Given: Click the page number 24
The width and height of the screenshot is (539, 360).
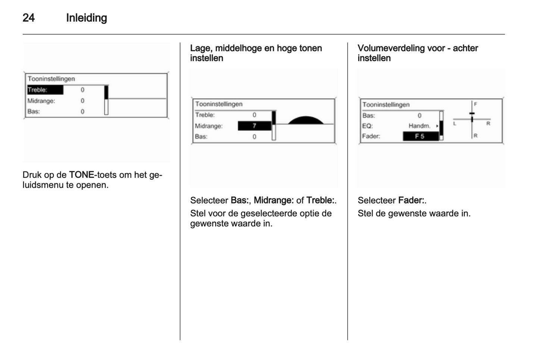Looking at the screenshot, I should pos(29,18).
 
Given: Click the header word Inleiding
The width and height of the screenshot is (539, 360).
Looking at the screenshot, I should pos(86,18).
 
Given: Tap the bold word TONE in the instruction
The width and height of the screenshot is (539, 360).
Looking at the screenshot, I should pos(81,175).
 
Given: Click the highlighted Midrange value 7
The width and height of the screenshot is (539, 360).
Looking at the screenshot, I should pos(254,126).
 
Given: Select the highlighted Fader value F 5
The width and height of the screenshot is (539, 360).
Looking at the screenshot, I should pos(420,136).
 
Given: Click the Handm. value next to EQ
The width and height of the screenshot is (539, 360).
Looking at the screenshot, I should pos(419,126).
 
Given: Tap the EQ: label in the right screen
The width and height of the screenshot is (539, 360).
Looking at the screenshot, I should pos(367,126).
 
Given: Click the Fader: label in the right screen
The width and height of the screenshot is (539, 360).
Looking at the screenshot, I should pos(371,136).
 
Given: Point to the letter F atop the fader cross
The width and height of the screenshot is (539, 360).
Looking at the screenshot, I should pos(476,104).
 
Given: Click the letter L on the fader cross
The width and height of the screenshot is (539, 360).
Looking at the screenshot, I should pos(455,123).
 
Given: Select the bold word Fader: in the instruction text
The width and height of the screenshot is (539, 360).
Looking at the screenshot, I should pos(411,200).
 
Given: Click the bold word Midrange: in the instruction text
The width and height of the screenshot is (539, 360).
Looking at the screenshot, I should pos(274,200).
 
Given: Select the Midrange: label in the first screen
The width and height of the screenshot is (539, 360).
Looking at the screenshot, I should pos(41,101).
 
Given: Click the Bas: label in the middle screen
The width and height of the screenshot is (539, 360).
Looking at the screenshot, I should pos(201,137).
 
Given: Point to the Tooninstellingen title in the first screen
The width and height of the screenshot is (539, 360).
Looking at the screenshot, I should pos(51,79).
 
